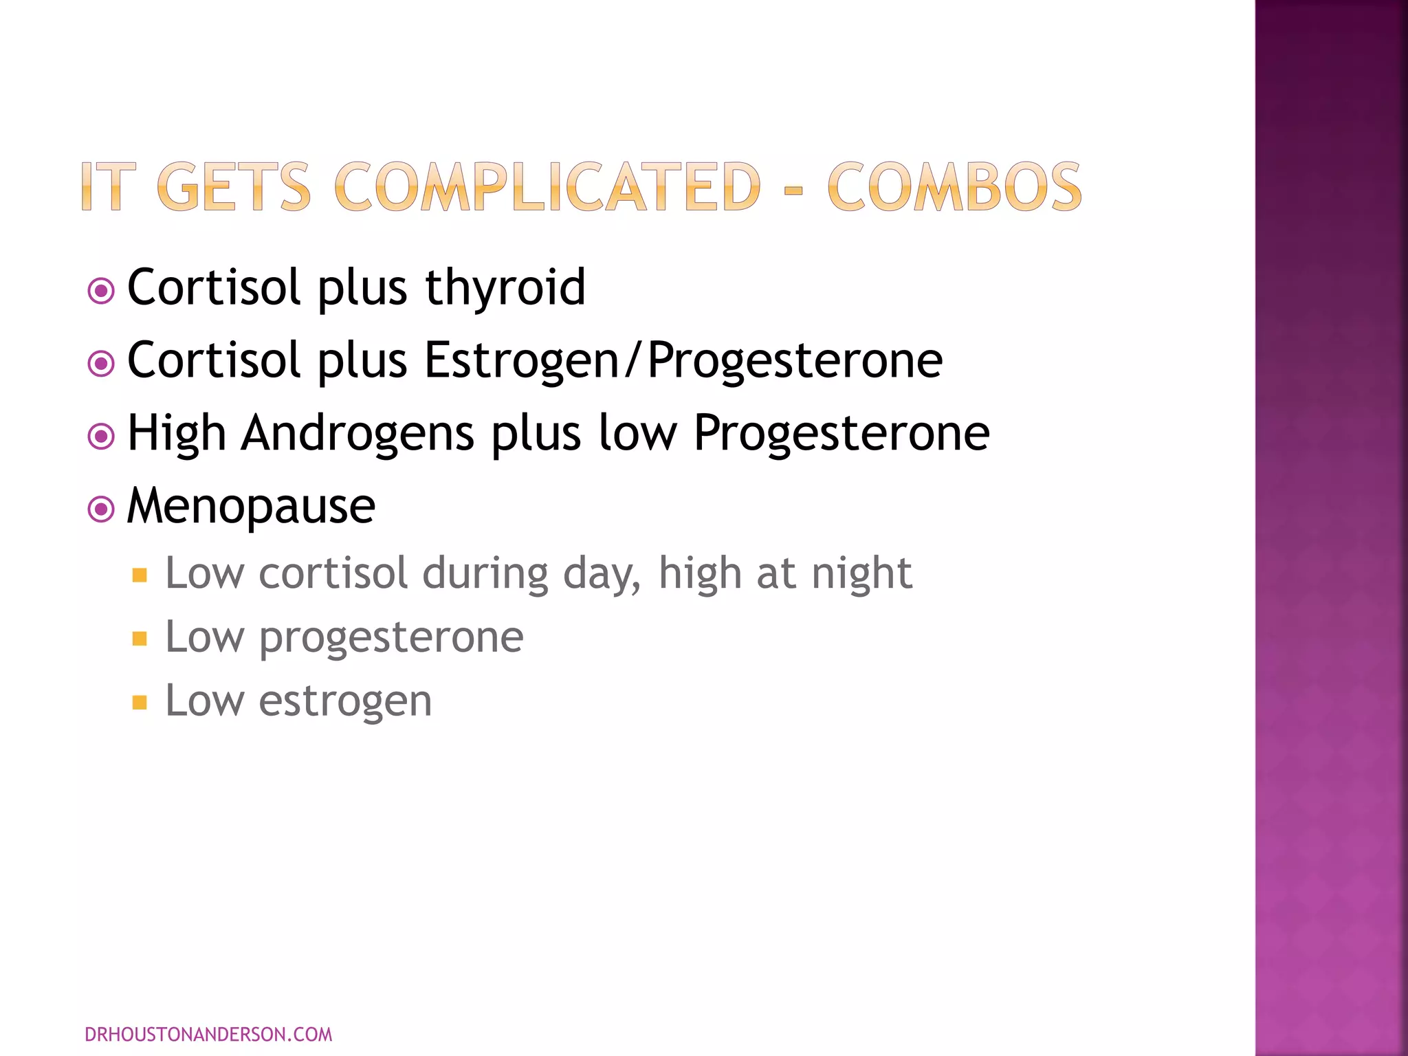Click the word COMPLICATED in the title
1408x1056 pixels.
(x=547, y=187)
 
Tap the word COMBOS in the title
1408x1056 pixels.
(x=954, y=187)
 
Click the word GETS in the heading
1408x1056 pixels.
(x=234, y=187)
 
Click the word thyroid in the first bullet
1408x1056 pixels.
(x=505, y=287)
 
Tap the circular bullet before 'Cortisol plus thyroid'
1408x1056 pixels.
(x=101, y=291)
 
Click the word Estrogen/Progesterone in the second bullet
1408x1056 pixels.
(x=683, y=360)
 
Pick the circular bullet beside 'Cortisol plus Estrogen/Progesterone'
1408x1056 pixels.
(x=101, y=364)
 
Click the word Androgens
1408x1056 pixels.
(x=357, y=433)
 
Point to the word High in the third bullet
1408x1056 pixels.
(x=177, y=433)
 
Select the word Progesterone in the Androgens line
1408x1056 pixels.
(x=841, y=433)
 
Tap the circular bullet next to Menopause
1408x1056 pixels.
(x=101, y=509)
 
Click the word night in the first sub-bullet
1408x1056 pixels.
(x=861, y=573)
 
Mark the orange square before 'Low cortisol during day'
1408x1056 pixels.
(x=140, y=575)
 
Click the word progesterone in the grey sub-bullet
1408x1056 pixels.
(x=390, y=637)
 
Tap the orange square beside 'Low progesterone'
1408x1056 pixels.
(x=140, y=639)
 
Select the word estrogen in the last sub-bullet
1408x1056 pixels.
(x=345, y=701)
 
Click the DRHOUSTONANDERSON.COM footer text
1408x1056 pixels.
(x=208, y=1034)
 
